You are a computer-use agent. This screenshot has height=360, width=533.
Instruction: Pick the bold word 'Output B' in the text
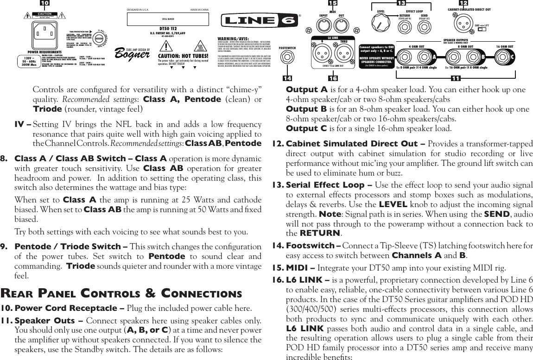[x=306, y=109]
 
